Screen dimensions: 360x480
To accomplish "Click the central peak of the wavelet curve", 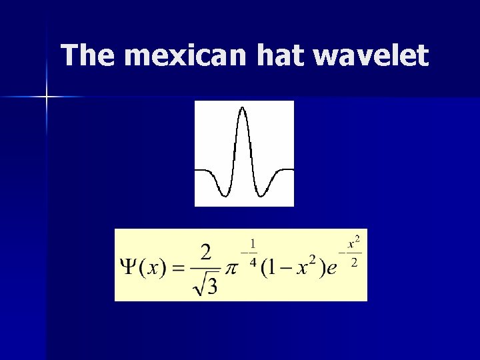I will pyautogui.click(x=243, y=109).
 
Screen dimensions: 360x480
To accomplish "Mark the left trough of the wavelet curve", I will pyautogui.click(x=226, y=195).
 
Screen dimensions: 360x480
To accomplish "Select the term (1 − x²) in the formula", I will pyautogui.click(x=293, y=266).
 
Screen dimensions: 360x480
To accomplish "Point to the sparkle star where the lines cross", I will pyautogui.click(x=47, y=97).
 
